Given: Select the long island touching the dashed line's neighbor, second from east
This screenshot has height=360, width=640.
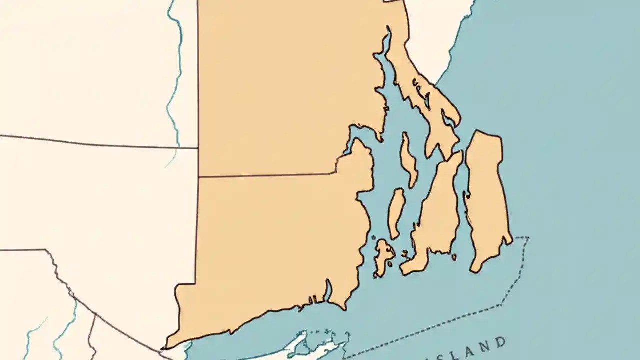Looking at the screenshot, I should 437,215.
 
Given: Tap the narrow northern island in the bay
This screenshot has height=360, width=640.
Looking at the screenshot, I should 408,160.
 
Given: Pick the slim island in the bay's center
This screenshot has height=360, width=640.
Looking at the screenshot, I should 396,212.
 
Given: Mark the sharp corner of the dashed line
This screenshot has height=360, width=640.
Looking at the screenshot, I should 528,238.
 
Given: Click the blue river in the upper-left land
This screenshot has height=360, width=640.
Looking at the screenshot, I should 175,75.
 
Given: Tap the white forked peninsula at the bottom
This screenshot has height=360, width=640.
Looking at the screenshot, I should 305,345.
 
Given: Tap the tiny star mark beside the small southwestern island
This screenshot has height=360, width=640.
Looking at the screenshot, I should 373,238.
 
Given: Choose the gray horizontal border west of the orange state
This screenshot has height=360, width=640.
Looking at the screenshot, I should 100,143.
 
